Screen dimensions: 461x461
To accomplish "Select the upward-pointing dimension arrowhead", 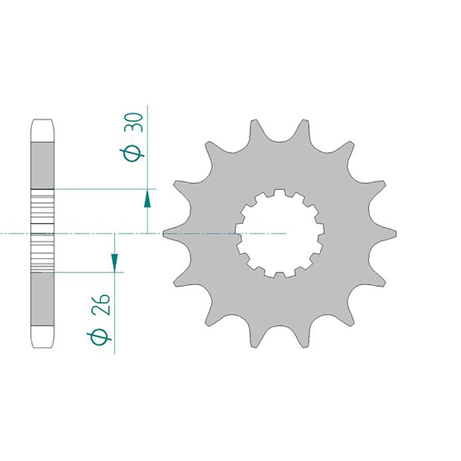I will point(147,199).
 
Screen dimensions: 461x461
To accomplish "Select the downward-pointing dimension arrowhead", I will point(114,262).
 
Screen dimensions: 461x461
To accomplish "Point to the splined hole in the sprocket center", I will point(280,233).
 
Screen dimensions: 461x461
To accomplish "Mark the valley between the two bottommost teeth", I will point(280,328).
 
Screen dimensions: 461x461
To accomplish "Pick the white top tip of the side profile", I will point(43,131).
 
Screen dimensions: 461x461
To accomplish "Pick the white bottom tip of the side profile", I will point(43,336).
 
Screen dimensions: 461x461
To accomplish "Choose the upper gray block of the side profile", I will point(43,165).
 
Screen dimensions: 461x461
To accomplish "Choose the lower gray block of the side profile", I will point(43,299).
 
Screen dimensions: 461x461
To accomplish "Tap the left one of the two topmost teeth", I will point(255,128).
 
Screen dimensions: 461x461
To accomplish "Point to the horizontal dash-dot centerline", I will point(90,234).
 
